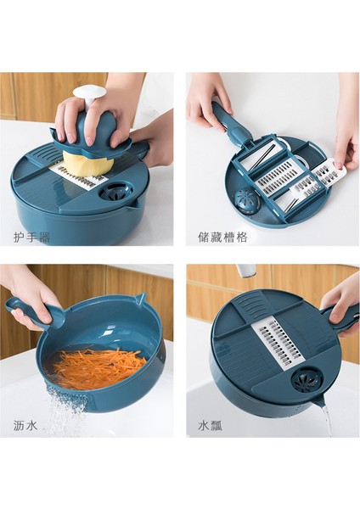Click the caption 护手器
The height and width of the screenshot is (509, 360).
click(x=32, y=237)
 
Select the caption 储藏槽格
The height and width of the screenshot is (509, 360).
click(x=222, y=237)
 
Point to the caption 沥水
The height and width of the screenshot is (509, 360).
click(x=25, y=425)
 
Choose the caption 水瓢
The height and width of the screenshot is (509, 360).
click(x=211, y=425)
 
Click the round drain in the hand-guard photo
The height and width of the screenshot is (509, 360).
click(x=115, y=191)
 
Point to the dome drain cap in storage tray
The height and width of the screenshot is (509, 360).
click(x=247, y=200)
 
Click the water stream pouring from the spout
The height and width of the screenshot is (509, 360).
click(x=327, y=421)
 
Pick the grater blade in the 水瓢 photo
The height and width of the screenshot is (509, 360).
click(x=278, y=345)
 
